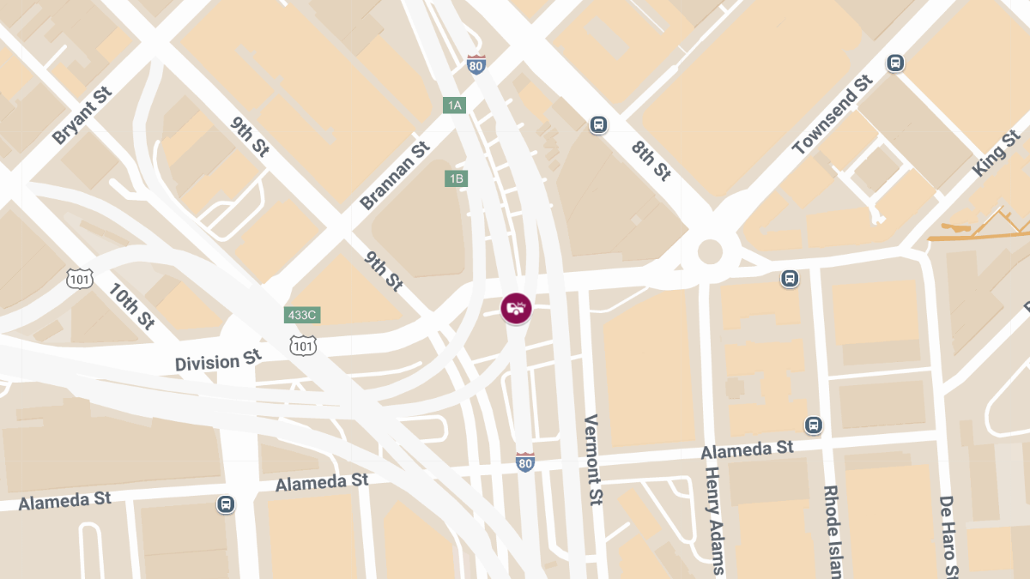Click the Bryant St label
tap(82, 116)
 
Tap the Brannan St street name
tap(394, 176)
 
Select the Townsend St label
tap(832, 115)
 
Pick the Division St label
tap(218, 360)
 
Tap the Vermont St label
tap(592, 460)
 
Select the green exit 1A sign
tap(454, 106)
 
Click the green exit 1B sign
tap(456, 178)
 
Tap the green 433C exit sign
tap(302, 315)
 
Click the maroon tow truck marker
tap(516, 307)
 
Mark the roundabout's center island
tap(710, 251)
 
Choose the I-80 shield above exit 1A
tap(476, 64)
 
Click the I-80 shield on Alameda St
tap(525, 462)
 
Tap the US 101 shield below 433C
tap(302, 345)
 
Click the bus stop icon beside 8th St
tap(598, 125)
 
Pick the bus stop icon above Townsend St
tap(895, 63)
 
